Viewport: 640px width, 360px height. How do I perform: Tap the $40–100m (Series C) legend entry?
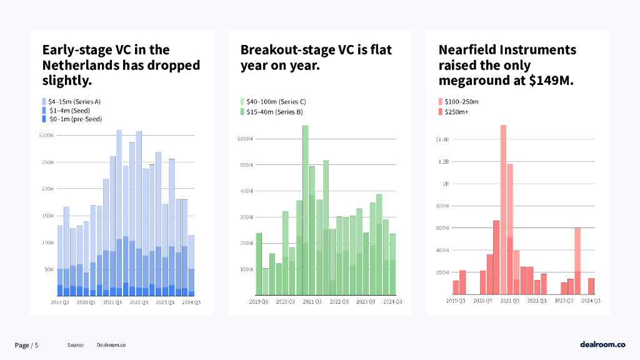point(276,101)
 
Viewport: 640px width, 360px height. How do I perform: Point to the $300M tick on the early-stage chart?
point(46,135)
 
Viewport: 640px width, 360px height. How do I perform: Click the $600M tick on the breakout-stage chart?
point(244,139)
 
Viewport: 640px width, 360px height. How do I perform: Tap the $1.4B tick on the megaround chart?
point(442,139)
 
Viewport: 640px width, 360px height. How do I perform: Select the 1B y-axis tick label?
point(446,184)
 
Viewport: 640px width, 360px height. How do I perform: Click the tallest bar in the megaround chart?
point(503,209)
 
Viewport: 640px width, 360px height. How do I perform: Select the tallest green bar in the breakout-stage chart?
point(306,210)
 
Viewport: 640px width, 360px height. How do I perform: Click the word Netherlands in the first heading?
point(81,65)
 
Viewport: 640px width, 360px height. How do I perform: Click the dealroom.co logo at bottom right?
point(602,344)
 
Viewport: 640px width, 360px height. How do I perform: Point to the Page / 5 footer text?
point(27,345)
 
